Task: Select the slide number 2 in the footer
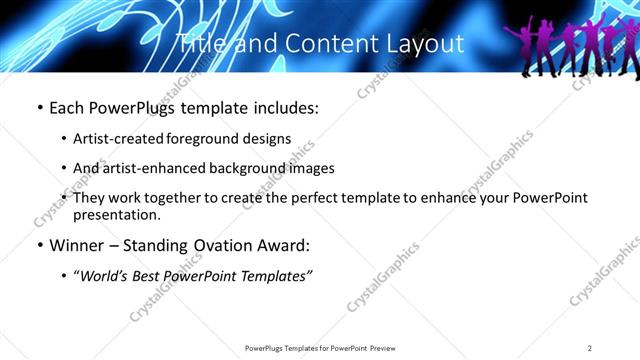590,348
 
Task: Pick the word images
313,169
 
